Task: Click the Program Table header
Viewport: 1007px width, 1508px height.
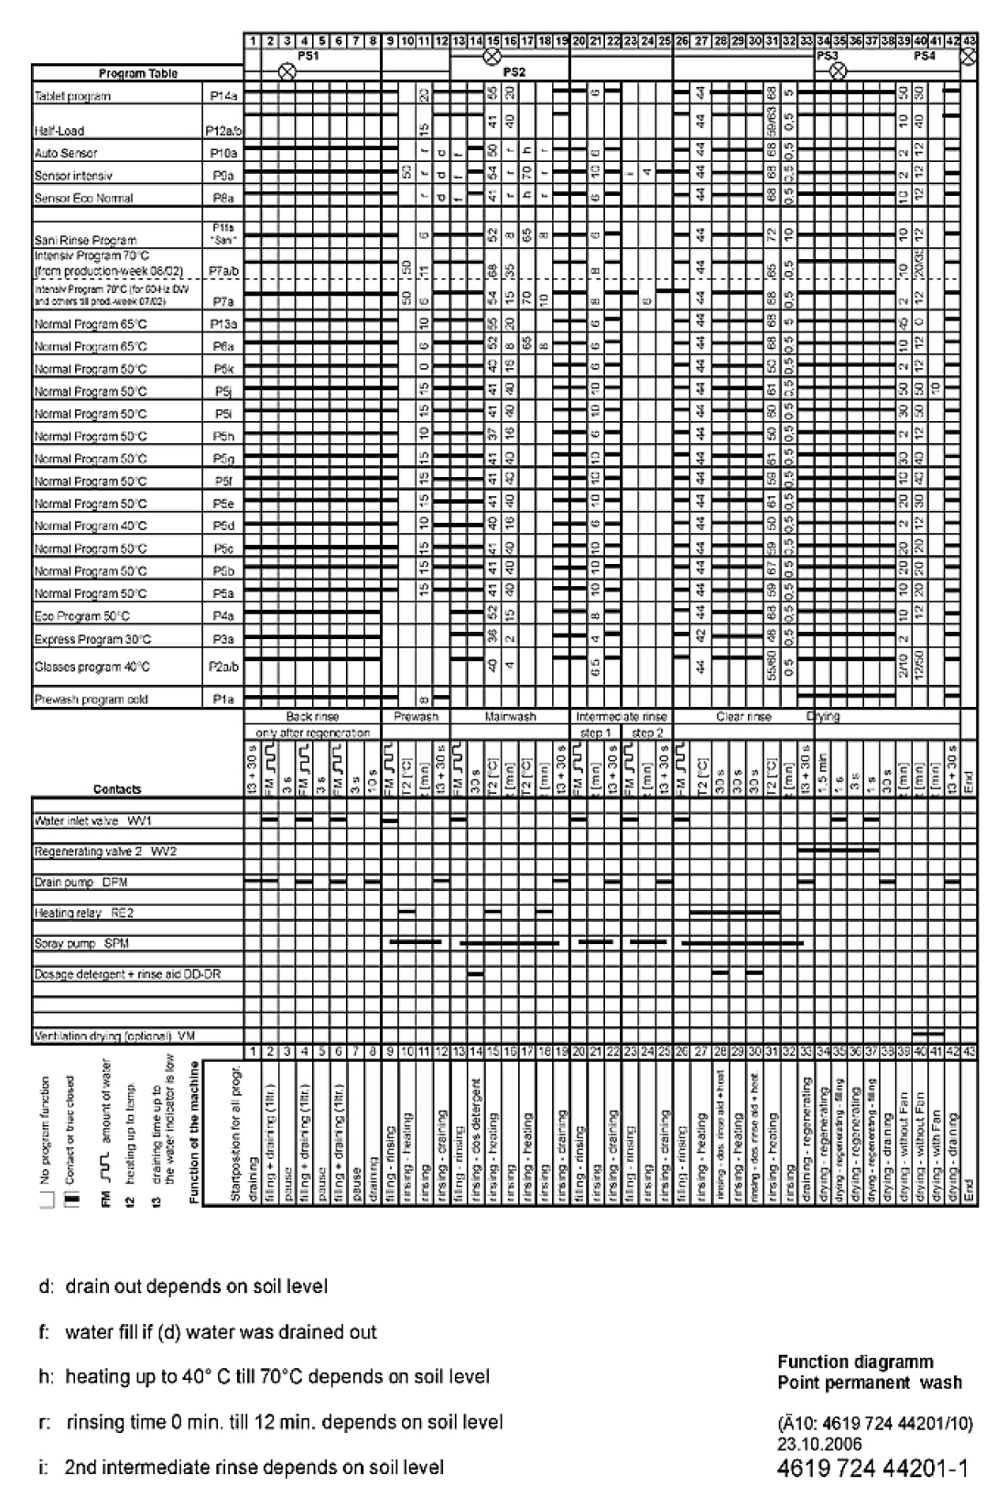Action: [137, 73]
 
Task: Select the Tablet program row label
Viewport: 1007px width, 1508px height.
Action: [72, 95]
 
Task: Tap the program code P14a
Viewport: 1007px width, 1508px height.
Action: [219, 95]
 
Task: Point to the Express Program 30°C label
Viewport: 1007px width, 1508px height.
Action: [92, 639]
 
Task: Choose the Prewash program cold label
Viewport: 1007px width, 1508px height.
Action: [91, 699]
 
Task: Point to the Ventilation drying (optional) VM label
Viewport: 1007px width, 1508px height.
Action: [114, 1036]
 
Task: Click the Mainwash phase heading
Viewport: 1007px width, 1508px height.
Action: [510, 718]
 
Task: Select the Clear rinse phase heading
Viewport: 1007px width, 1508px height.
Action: [742, 718]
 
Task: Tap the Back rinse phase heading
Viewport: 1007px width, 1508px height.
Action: [312, 718]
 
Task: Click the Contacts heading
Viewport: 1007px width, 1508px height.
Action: [117, 788]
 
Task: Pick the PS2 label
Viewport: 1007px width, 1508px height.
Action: [514, 71]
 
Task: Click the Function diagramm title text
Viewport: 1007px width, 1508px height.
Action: [856, 1362]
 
